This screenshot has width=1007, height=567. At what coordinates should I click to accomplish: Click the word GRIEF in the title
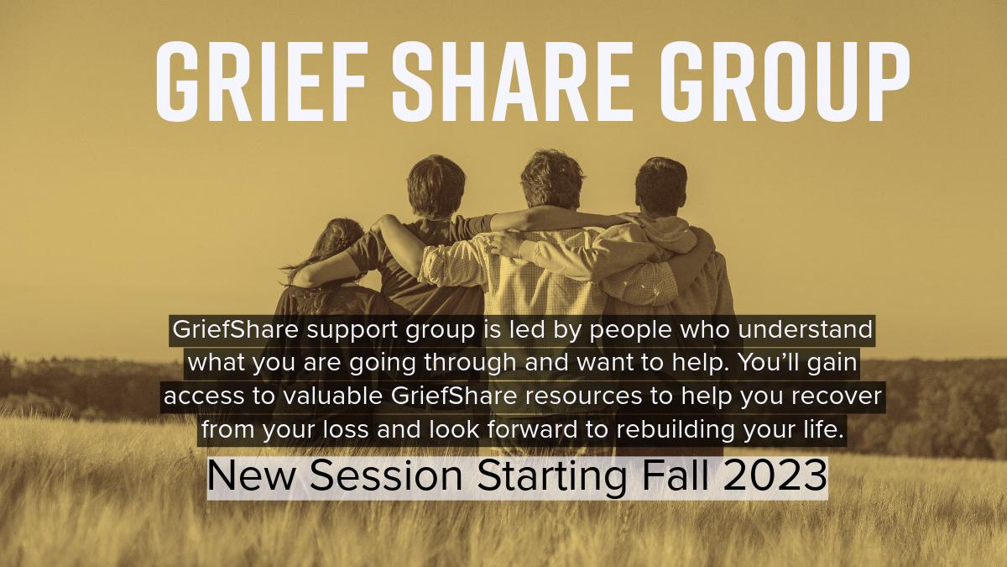coord(260,81)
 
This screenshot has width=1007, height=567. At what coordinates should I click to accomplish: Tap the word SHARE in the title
coord(512,81)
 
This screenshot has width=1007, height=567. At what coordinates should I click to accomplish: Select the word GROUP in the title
coord(785,81)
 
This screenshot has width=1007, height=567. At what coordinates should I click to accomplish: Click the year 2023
coord(775,475)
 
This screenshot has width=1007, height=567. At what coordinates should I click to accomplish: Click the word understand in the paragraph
coord(805,329)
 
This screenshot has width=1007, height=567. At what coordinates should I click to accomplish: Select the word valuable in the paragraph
coord(332,396)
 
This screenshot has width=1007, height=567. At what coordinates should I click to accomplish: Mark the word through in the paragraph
coord(471,364)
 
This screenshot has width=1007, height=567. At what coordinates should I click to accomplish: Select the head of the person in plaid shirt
coord(551,180)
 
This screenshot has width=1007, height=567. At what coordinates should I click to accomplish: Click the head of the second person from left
coord(436,186)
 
